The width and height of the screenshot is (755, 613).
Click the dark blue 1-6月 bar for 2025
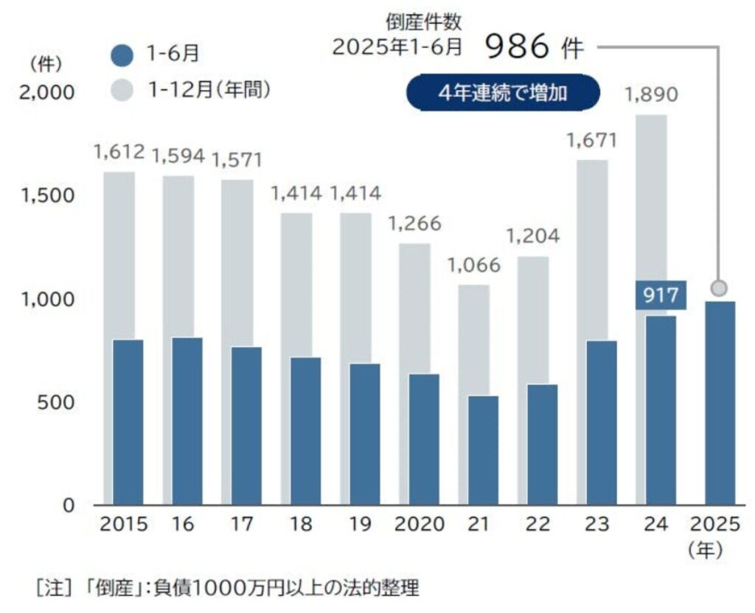(720, 403)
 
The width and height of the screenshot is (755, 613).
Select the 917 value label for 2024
(661, 296)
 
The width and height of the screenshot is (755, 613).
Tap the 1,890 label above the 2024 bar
(651, 95)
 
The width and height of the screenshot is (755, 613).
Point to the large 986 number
(518, 48)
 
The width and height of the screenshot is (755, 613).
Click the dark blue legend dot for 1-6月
(124, 55)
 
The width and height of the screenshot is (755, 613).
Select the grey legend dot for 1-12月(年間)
(124, 90)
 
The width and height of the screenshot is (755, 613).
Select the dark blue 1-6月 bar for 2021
(483, 450)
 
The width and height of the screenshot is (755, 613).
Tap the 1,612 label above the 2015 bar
(119, 153)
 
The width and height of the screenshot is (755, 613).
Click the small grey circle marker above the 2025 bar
(720, 287)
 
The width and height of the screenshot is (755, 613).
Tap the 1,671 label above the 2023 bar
(592, 140)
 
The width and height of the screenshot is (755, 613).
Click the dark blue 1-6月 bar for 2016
(187, 421)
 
